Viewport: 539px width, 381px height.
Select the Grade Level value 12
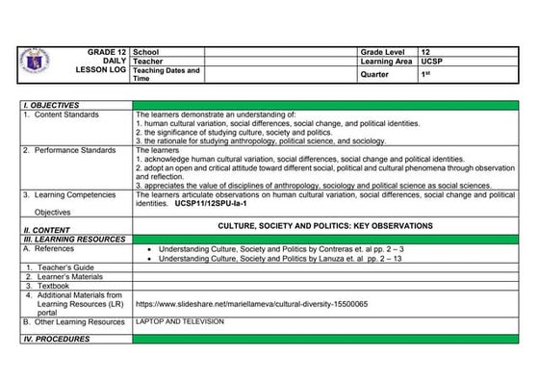click(x=425, y=49)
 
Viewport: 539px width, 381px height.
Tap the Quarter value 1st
click(x=425, y=73)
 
